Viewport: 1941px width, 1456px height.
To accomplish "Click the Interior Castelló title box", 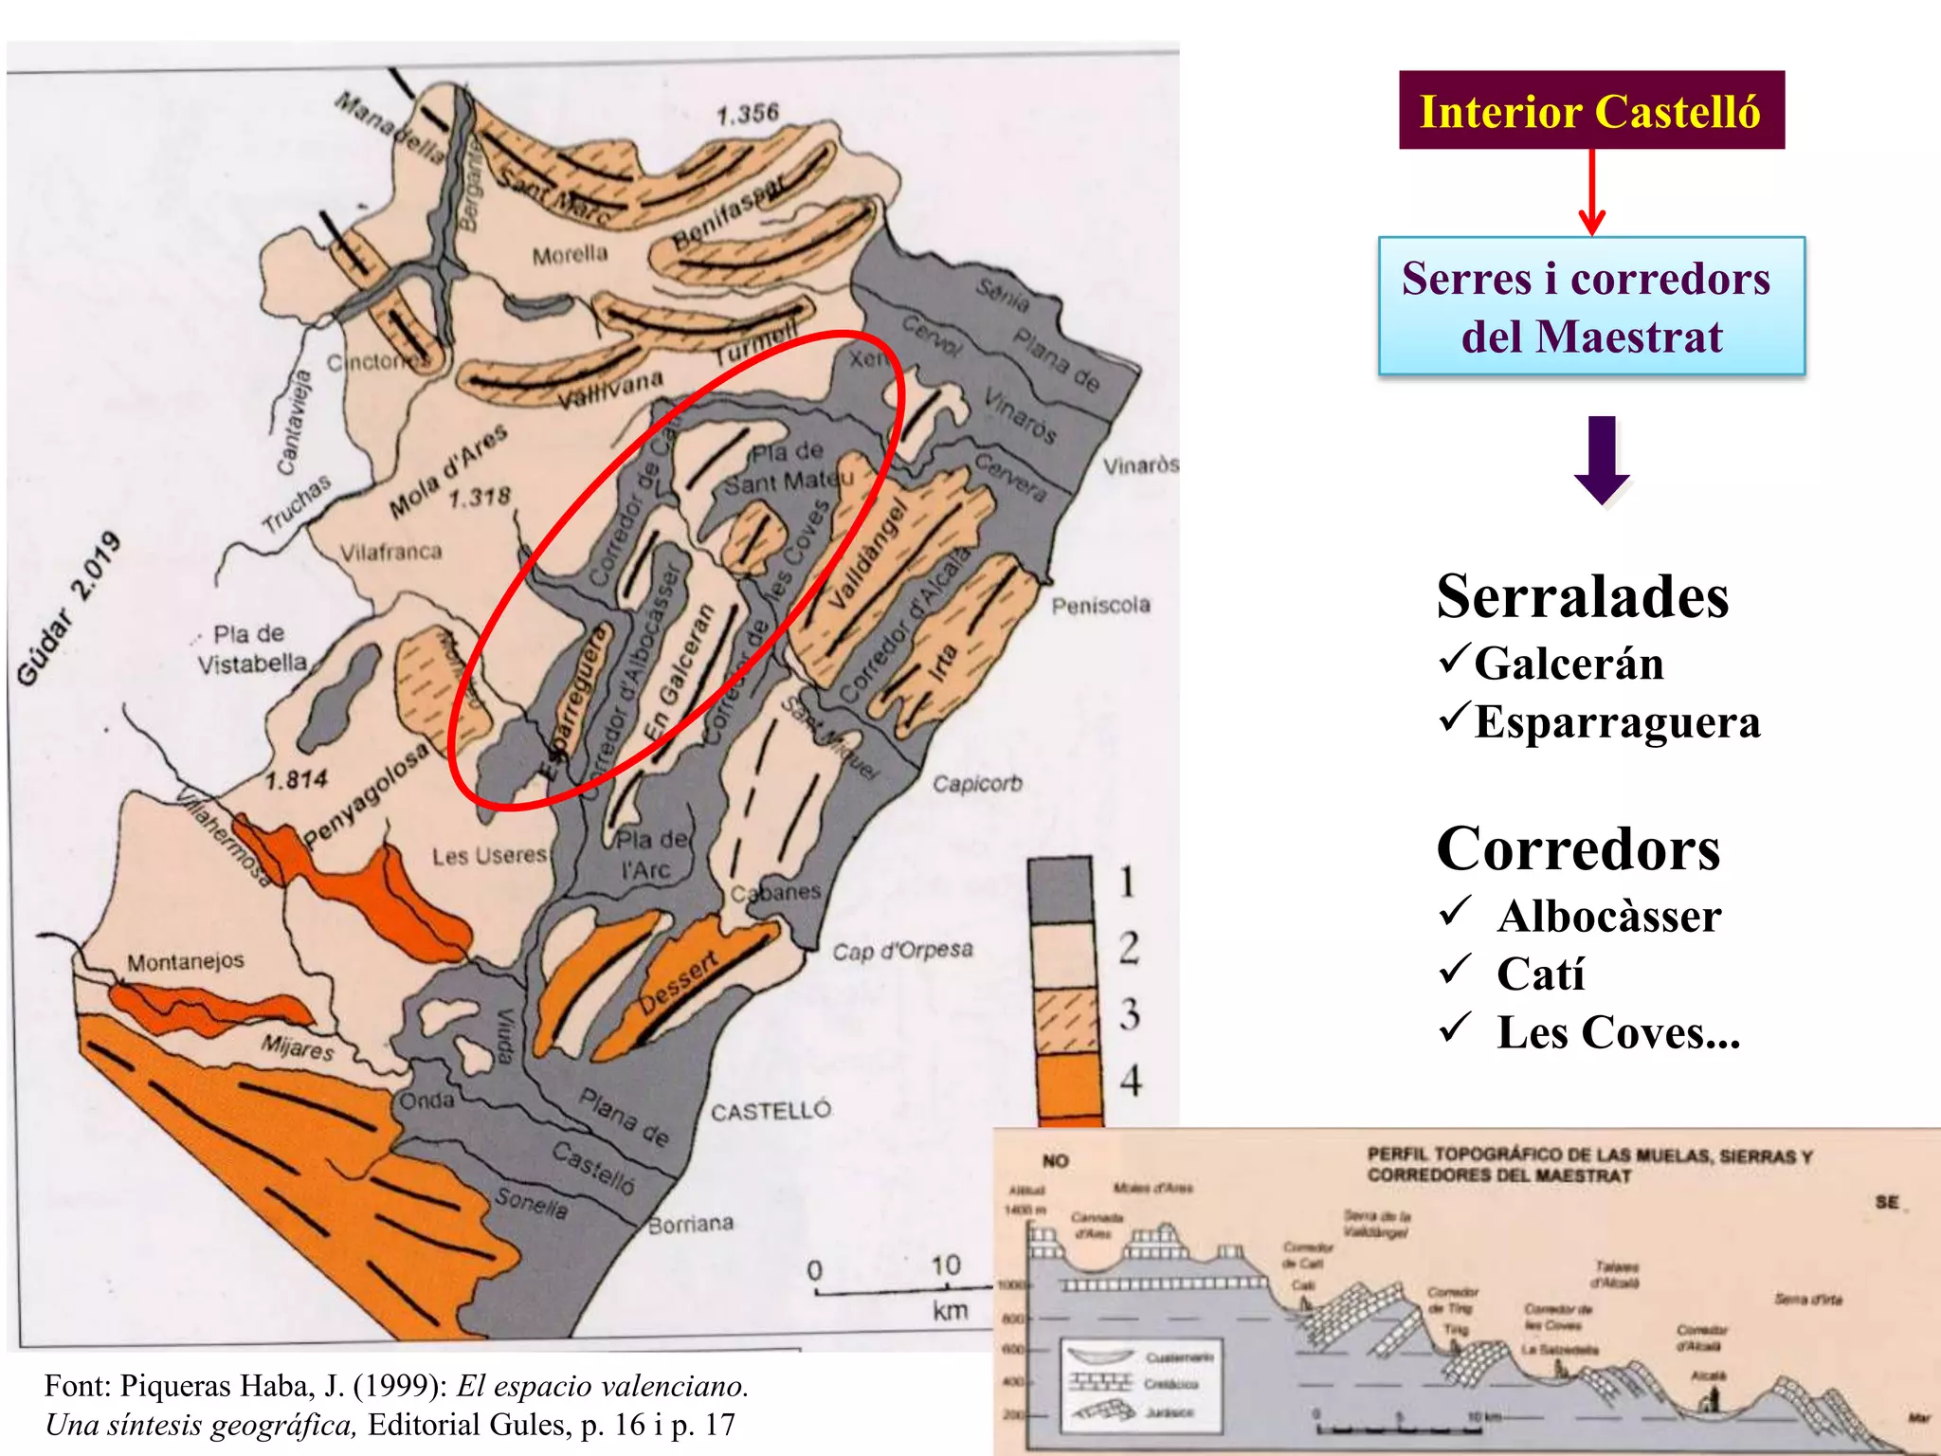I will pos(1590,110).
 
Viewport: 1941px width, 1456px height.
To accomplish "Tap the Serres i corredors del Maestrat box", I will pos(1590,306).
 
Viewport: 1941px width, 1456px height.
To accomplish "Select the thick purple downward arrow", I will pos(1602,460).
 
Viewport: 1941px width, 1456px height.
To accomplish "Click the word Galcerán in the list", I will pos(1569,664).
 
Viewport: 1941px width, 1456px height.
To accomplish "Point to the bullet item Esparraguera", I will pos(1617,722).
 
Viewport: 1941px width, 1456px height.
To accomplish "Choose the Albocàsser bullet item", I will pos(1608,917).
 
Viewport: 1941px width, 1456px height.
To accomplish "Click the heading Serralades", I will pos(1582,597).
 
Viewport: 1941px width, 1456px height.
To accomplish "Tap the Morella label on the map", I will pos(570,255).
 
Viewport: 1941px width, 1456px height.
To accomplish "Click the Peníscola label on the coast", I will pos(1100,605).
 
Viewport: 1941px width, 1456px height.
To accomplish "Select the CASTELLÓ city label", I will pos(771,1110).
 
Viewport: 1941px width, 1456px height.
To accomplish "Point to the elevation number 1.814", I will pos(296,780).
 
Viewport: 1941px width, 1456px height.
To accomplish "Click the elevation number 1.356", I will pos(747,114).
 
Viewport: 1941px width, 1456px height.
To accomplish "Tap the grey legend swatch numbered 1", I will pos(1061,889).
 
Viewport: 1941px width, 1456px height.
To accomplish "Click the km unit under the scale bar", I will pos(950,1311).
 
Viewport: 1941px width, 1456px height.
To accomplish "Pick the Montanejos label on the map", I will pos(185,962).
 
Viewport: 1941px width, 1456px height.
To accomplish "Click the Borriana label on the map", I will pos(690,1224).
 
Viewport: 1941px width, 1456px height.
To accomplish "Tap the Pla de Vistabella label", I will pos(250,648).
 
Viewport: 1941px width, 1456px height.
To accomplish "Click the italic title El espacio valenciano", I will pos(602,1386).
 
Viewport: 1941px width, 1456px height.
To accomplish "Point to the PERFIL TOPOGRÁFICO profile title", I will pos(1588,1165).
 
